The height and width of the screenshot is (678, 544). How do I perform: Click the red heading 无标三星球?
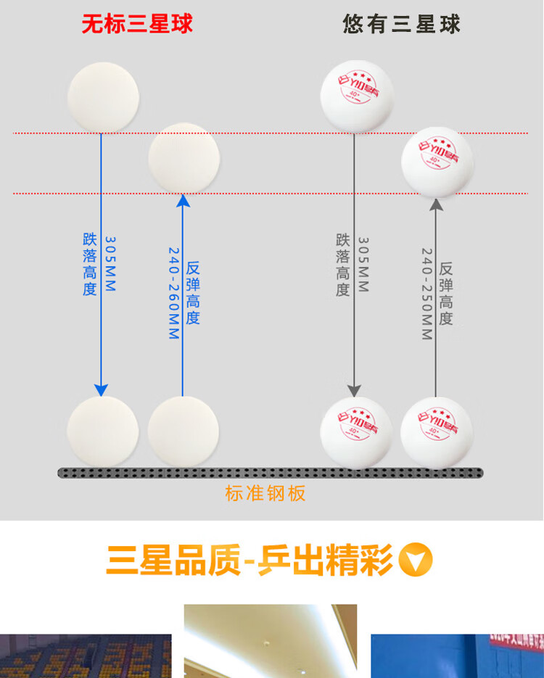click(137, 24)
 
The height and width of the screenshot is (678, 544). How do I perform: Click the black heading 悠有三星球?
click(401, 24)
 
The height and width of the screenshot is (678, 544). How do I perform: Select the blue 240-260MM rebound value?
click(174, 293)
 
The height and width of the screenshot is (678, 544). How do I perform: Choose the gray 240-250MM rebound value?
click(427, 294)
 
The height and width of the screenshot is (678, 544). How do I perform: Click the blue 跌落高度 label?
click(89, 264)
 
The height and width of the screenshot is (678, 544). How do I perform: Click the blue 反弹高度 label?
click(193, 293)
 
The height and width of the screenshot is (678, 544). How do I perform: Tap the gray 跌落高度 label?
click(342, 265)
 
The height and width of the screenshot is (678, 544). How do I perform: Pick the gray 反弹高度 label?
click(446, 294)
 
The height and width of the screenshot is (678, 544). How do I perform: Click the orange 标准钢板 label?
click(265, 494)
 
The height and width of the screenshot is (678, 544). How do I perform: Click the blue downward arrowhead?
click(102, 389)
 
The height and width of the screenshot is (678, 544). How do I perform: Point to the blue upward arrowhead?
click(183, 201)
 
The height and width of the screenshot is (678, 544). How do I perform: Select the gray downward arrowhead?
click(354, 389)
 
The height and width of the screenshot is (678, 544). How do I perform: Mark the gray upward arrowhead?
click(436, 204)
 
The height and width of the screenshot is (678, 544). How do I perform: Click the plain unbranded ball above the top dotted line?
click(103, 97)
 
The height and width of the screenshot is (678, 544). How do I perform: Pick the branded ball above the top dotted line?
click(357, 96)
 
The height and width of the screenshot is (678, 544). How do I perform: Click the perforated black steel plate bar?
click(270, 473)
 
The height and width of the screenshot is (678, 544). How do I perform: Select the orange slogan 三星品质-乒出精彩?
click(250, 561)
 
